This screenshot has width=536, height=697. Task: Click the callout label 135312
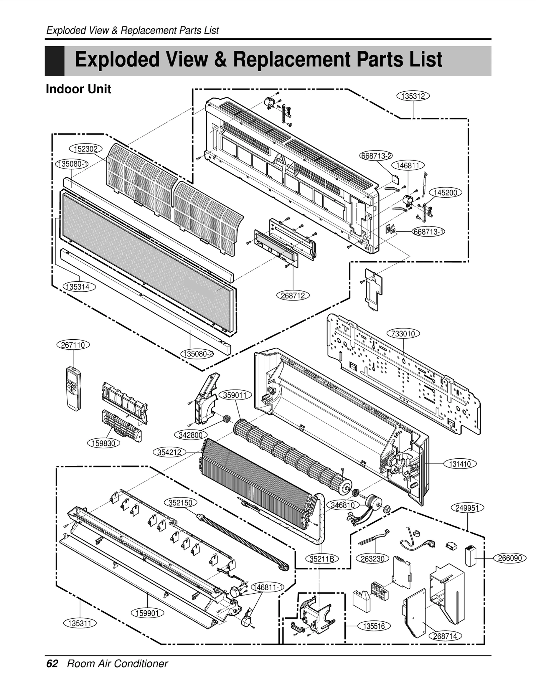coord(413,96)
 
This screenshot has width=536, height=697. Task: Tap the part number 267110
coord(73,345)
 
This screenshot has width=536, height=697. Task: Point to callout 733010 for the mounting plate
coord(403,334)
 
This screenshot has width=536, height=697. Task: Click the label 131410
coord(460,464)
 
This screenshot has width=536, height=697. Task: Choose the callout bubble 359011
coord(234,395)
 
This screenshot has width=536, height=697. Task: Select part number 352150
coord(180,503)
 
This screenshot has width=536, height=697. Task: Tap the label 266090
coord(510,558)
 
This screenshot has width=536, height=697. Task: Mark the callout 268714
coord(445,636)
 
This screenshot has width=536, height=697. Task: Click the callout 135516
coord(374,626)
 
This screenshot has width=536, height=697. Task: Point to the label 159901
coord(147,613)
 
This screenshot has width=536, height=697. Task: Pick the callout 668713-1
coord(428,232)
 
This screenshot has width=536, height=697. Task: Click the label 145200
coord(446,193)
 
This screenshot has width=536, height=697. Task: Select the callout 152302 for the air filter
coord(85,149)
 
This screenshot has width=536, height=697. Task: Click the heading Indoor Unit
coord(78,89)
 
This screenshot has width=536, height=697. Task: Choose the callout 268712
coord(293,295)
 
